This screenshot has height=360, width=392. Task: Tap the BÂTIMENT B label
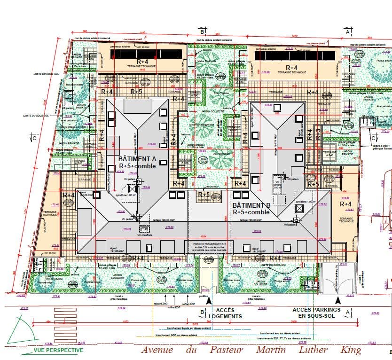pyautogui.click(x=252, y=205)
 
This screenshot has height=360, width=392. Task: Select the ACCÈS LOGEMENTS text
pyautogui.click(x=225, y=313)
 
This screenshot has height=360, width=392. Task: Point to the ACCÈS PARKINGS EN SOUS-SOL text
pyautogui.click(x=316, y=313)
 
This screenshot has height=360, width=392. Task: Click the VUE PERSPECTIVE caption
pyautogui.click(x=58, y=350)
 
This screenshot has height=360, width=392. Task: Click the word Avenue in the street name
pyautogui.click(x=157, y=350)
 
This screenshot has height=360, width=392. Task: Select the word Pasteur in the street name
pyautogui.click(x=227, y=350)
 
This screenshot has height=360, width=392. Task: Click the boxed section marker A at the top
pyautogui.click(x=348, y=32)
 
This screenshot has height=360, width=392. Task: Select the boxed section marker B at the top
pyautogui.click(x=202, y=32)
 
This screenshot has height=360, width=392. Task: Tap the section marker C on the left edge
pyautogui.click(x=33, y=138)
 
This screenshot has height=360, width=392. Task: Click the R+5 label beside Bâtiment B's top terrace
pyautogui.click(x=313, y=184)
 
